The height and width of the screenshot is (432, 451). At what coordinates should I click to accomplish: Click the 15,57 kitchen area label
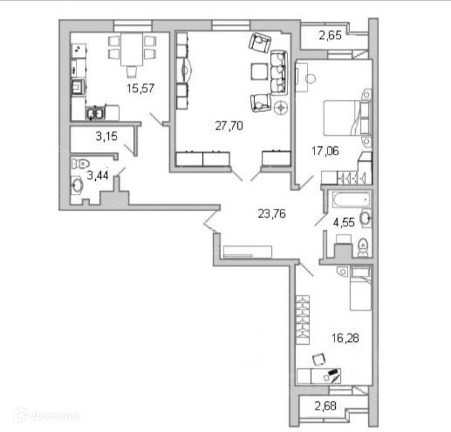click(x=140, y=88)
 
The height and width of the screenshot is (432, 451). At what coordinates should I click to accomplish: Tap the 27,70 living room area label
click(x=229, y=126)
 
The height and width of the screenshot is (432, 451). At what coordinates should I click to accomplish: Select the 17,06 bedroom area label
click(x=325, y=150)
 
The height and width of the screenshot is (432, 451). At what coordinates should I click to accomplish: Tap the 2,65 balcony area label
click(x=330, y=36)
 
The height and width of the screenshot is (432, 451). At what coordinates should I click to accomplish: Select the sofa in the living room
click(x=278, y=73)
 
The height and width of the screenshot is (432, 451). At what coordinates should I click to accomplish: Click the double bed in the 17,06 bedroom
click(x=347, y=118)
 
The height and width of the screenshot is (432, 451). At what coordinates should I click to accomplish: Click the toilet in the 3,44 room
click(x=80, y=164)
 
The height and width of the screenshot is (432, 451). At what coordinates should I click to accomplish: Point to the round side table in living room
click(x=281, y=107)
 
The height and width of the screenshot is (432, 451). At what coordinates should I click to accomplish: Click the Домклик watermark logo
click(x=47, y=414)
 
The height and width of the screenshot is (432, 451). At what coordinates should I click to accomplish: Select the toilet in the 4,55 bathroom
click(x=363, y=247)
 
